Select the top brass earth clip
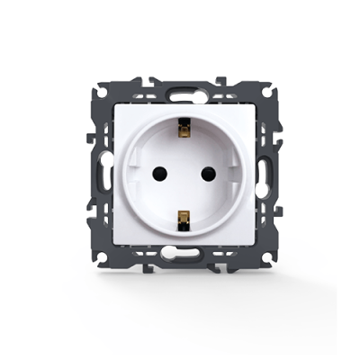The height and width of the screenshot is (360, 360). click(184, 131)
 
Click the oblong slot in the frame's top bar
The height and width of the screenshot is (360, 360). click(185, 90)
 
